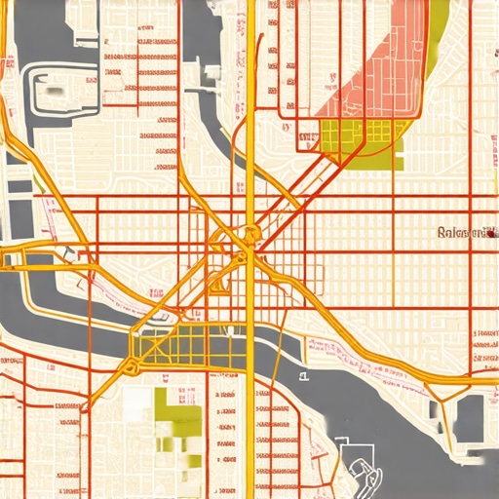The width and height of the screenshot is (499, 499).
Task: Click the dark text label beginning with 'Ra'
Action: [x=466, y=233]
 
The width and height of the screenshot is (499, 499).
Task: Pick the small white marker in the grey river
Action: [x=303, y=374]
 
